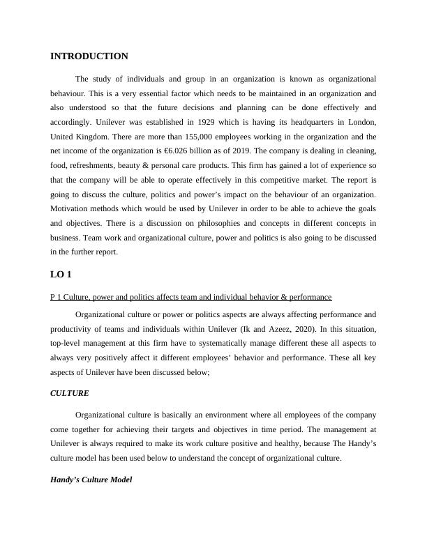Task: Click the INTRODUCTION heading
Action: pos(89,56)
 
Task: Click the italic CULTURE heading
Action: pos(70,393)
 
